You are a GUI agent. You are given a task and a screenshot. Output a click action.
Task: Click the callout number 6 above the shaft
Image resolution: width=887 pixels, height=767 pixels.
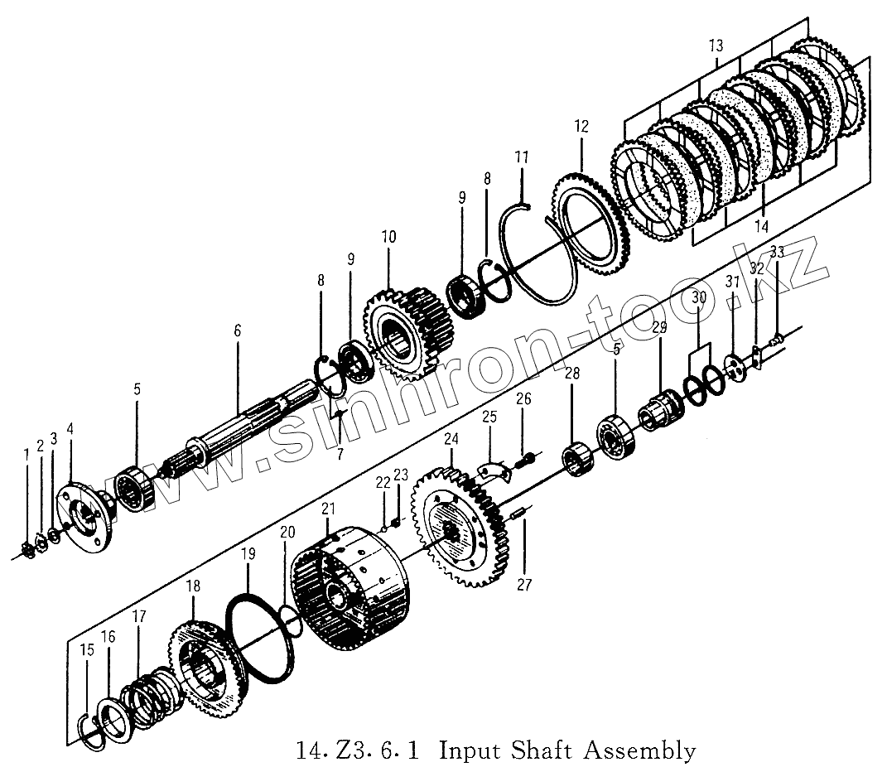coord(238,330)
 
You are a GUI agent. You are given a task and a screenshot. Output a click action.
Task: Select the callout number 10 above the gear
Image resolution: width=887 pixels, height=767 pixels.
coord(388,238)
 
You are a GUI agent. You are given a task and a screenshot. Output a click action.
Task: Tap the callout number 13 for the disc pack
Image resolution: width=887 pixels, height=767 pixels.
coord(716,46)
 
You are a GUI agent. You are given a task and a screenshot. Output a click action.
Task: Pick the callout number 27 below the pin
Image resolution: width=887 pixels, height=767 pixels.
coord(525,585)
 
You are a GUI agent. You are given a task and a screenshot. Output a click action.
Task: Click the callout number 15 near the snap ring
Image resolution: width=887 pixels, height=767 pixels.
coord(88,649)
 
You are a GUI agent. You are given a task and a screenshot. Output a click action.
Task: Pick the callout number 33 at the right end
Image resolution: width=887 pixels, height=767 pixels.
coord(776,251)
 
